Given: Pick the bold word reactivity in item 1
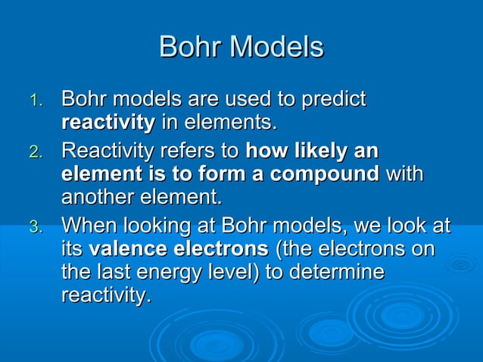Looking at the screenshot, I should pos(108,122).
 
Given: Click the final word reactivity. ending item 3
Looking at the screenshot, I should pos(106,295).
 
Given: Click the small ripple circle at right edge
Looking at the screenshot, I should pos(460,264).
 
